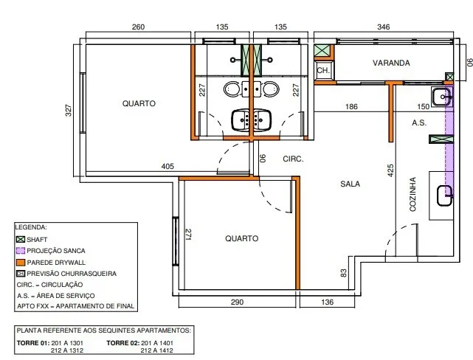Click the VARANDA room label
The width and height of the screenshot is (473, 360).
tap(391, 63)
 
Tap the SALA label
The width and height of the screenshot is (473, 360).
tap(350, 184)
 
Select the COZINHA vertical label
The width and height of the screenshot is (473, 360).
tap(412, 194)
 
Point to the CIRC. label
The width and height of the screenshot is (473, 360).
tap(293, 159)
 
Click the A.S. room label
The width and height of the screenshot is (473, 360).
tap(419, 122)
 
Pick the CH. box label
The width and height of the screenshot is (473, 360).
tap(323, 70)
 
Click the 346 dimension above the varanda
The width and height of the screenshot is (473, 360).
tap(384, 27)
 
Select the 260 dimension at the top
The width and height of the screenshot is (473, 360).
tap(138, 27)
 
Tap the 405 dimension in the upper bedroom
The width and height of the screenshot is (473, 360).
tap(168, 166)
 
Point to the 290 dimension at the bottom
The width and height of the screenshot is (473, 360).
tap(237, 302)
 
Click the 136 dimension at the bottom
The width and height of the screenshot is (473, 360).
tap(328, 302)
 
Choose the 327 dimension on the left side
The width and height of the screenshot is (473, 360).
tap(69, 111)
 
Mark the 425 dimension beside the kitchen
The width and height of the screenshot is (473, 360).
tap(390, 170)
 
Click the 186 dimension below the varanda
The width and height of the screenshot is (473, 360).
tap(351, 106)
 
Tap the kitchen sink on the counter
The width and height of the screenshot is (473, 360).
tap(445, 196)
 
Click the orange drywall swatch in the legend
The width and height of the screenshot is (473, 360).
tap(21, 263)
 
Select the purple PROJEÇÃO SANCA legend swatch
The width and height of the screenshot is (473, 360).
tap(21, 251)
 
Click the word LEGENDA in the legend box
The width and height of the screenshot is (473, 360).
tap(31, 227)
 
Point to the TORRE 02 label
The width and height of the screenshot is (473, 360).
tap(123, 343)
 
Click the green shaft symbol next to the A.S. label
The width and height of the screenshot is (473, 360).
tap(441, 139)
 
